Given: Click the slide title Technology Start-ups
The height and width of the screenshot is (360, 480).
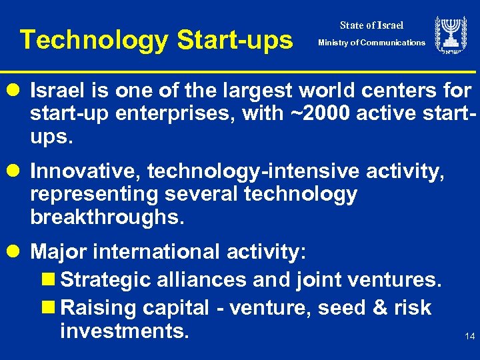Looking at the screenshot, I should click(156, 40).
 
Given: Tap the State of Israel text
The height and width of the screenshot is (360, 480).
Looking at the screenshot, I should click(371, 25).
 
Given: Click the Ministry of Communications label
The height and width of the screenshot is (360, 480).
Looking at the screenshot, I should click(371, 43).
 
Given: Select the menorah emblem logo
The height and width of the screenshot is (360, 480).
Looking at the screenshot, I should click(451, 35).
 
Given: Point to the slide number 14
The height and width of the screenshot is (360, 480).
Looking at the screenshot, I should click(470, 337).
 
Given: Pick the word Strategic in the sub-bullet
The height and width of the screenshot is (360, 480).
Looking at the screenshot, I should click(105, 280).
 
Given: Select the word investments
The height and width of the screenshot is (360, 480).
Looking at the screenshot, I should click(124, 331).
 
